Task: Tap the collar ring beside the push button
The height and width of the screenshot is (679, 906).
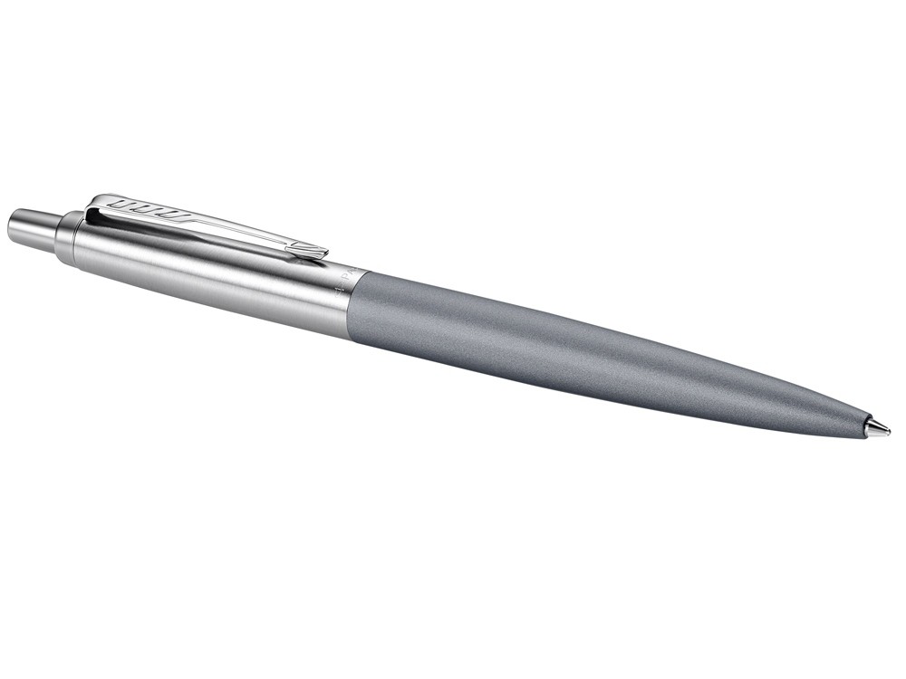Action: coord(65,237)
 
